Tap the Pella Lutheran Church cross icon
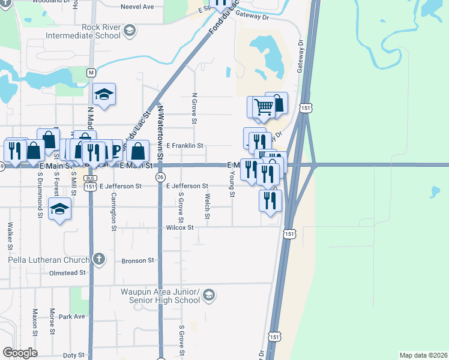[99, 259]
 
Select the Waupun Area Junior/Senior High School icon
[208, 295]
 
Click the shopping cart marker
[263, 107]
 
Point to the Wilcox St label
[180, 228]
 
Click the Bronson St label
[138, 261]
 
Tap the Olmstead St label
[67, 273]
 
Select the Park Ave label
[72, 316]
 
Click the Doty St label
[74, 355]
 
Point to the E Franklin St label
[185, 146]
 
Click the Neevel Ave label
[137, 7]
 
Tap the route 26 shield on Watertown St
[160, 178]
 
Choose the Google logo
[20, 353]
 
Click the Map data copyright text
[423, 355]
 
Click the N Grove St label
[194, 109]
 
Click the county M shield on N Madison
[91, 73]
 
